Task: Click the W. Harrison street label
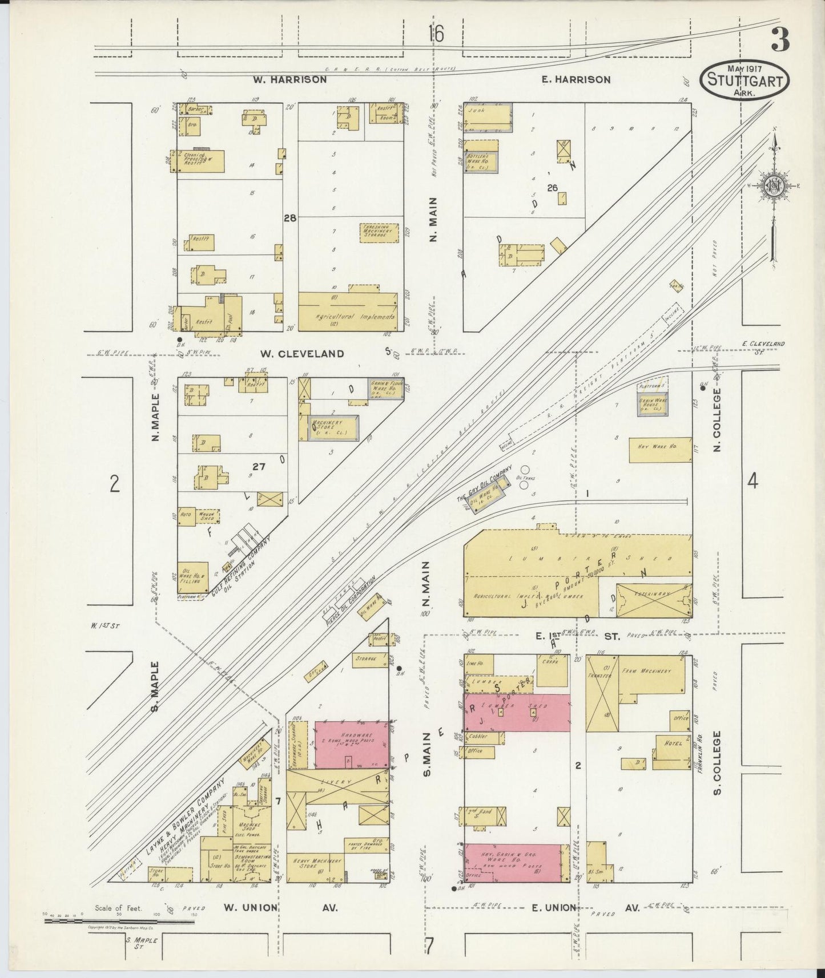pos(290,79)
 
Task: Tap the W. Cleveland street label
pos(302,353)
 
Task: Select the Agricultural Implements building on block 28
pos(348,312)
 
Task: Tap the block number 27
pos(259,467)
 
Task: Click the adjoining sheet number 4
pos(752,482)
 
